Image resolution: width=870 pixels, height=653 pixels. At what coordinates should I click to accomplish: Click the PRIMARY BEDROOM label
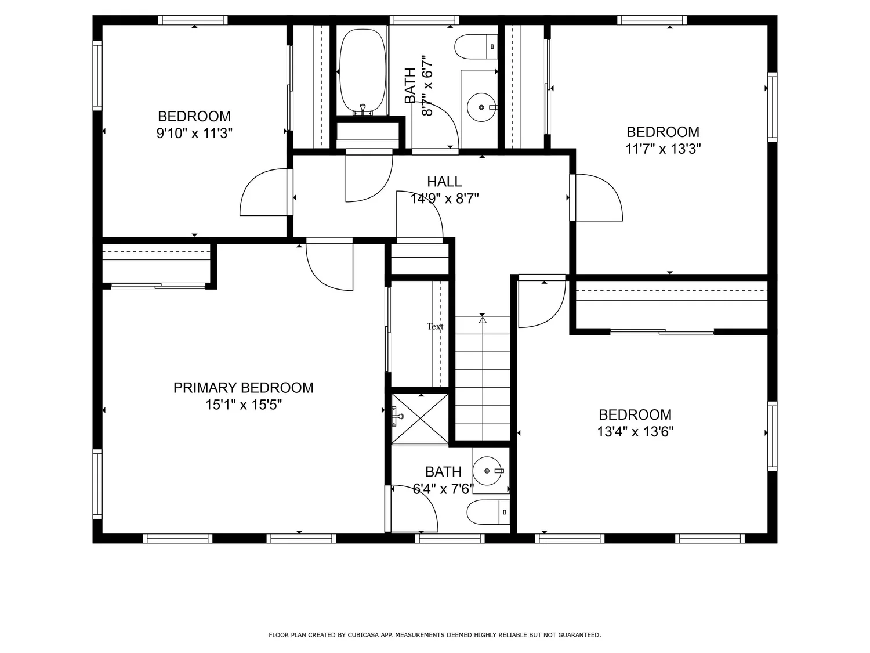coord(243,388)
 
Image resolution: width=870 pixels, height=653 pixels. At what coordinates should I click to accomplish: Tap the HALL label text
coord(444,182)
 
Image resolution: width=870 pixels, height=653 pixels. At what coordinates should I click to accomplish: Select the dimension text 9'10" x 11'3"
coord(194,134)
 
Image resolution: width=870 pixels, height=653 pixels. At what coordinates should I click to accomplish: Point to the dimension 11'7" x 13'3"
coord(663,149)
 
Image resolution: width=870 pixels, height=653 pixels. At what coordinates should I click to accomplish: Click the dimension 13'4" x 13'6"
coord(635,431)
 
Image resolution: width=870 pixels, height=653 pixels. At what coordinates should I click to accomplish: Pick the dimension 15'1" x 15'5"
coord(244,405)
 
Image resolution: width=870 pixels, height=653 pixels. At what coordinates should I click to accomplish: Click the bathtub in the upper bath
coord(362,71)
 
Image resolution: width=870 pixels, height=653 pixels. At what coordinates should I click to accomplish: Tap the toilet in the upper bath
coord(476,47)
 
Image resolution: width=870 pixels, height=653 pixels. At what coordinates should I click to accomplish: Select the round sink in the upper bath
coord(481,107)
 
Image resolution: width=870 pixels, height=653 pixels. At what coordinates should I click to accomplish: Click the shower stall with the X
coord(420,419)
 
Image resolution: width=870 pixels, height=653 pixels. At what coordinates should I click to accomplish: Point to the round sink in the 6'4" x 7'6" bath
coord(487,471)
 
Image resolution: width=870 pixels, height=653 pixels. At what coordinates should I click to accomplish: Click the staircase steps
coord(483,378)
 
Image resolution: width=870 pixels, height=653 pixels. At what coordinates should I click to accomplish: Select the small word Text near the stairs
coord(435,326)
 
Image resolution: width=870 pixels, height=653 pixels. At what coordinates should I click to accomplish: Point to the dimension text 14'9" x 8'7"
coord(444,199)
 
